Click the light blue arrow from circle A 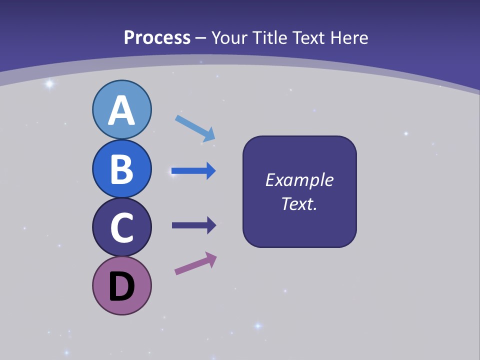(x=194, y=127)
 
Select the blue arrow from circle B (x=193, y=171)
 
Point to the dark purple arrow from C (x=193, y=225)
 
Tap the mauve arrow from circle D (x=195, y=263)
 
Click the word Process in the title (x=157, y=37)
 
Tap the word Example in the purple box (x=299, y=180)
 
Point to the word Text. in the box (x=299, y=204)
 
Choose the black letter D (x=121, y=287)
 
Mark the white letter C (x=121, y=228)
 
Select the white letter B (x=121, y=169)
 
